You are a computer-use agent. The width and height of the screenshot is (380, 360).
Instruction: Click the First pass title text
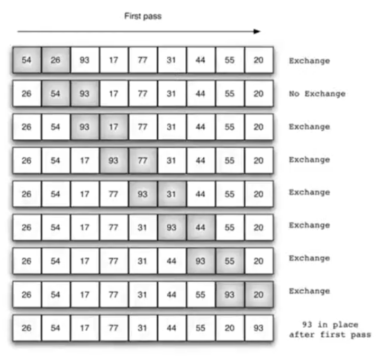click(x=142, y=16)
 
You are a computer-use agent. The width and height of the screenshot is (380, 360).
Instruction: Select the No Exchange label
click(x=316, y=94)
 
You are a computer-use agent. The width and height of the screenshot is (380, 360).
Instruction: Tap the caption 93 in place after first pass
click(x=330, y=329)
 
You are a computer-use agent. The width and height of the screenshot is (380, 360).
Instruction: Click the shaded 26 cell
click(x=56, y=60)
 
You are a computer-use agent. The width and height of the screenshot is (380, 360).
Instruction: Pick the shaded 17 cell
click(x=113, y=127)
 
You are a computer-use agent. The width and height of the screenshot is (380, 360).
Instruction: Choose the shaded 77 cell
click(x=142, y=159)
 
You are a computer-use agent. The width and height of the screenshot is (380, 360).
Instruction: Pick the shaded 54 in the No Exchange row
click(x=56, y=94)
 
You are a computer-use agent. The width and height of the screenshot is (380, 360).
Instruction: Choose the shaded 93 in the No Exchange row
click(x=85, y=94)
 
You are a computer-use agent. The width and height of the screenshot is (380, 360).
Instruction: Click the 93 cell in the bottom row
click(x=258, y=328)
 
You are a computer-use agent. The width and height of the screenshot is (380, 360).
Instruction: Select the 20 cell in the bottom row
click(x=229, y=328)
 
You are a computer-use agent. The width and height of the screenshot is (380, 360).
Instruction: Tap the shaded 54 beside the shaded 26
click(x=26, y=60)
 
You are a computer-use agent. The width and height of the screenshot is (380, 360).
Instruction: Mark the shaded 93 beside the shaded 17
click(x=85, y=127)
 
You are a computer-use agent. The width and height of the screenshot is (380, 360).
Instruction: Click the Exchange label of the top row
click(x=309, y=60)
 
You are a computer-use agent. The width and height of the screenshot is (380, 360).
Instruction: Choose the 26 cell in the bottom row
click(x=26, y=328)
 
